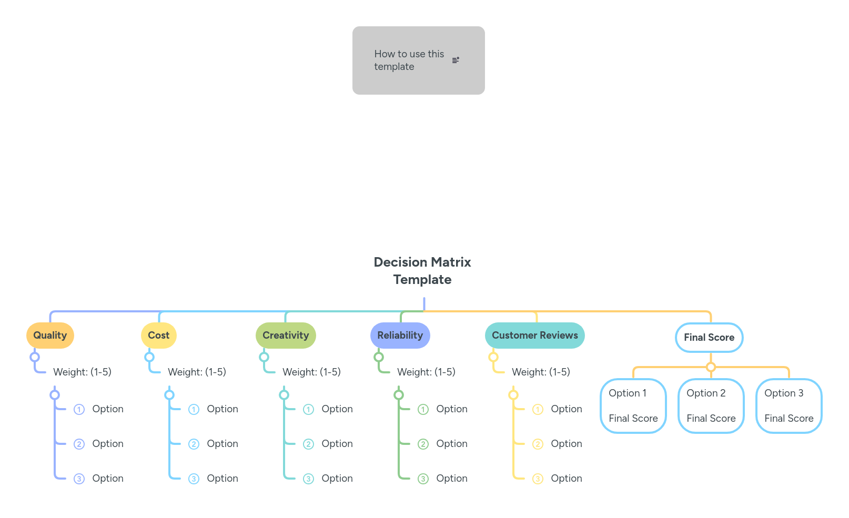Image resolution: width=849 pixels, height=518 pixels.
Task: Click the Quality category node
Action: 50,336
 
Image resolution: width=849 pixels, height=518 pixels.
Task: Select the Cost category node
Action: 158,336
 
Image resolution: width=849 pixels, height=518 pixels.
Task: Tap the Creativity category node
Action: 286,336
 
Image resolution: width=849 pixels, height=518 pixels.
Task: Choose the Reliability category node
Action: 400,336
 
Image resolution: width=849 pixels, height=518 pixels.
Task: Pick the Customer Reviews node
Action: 534,336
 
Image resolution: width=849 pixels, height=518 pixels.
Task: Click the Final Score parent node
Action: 709,338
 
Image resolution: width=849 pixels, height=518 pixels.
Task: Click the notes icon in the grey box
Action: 456,60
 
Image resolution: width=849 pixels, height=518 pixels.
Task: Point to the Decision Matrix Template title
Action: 422,271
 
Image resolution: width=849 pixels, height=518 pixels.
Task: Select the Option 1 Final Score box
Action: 633,406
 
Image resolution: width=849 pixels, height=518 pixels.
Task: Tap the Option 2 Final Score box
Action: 711,406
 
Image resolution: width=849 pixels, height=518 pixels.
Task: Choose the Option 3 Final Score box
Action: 789,406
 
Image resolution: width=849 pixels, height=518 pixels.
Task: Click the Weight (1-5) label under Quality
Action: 83,372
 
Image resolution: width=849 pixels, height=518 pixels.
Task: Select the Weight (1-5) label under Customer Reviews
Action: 541,372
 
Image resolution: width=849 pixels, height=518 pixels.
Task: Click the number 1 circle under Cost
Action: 194,410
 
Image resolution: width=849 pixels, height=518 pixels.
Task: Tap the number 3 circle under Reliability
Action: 423,479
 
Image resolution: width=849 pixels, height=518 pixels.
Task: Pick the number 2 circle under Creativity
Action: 309,444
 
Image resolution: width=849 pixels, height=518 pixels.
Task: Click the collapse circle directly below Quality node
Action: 35,357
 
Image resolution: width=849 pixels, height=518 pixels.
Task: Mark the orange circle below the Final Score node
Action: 711,367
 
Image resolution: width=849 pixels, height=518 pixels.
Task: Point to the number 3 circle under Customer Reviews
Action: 538,479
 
